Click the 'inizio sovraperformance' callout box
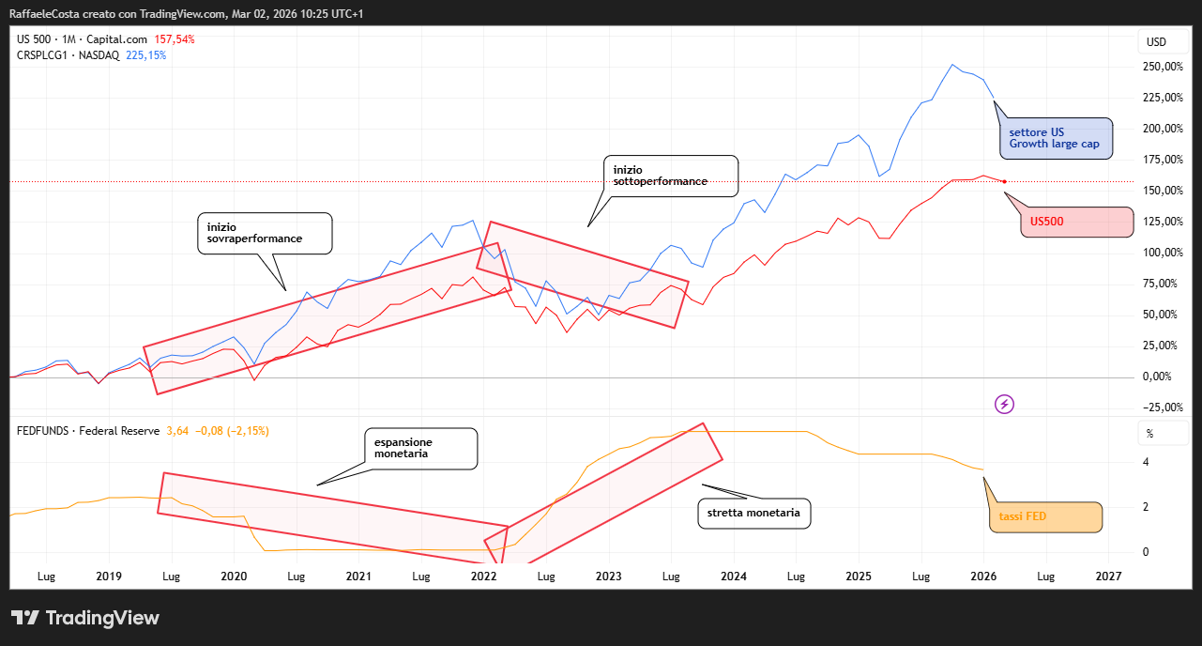pos(265,233)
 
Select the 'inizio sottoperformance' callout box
pos(671,176)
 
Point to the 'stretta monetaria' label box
pos(754,514)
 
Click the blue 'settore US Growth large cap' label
pos(1056,138)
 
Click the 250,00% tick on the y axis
pos(1162,67)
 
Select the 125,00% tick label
pos(1162,222)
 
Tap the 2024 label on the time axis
pos(733,576)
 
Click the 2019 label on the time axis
pos(109,576)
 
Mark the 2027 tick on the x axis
pos(1108,576)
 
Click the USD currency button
pos(1156,42)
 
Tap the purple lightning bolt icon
pos(1005,404)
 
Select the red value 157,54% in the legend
pos(174,39)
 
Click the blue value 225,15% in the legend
pos(145,55)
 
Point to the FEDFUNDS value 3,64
pos(177,431)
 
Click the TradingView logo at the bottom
pos(85,618)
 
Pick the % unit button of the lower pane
pos(1149,435)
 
